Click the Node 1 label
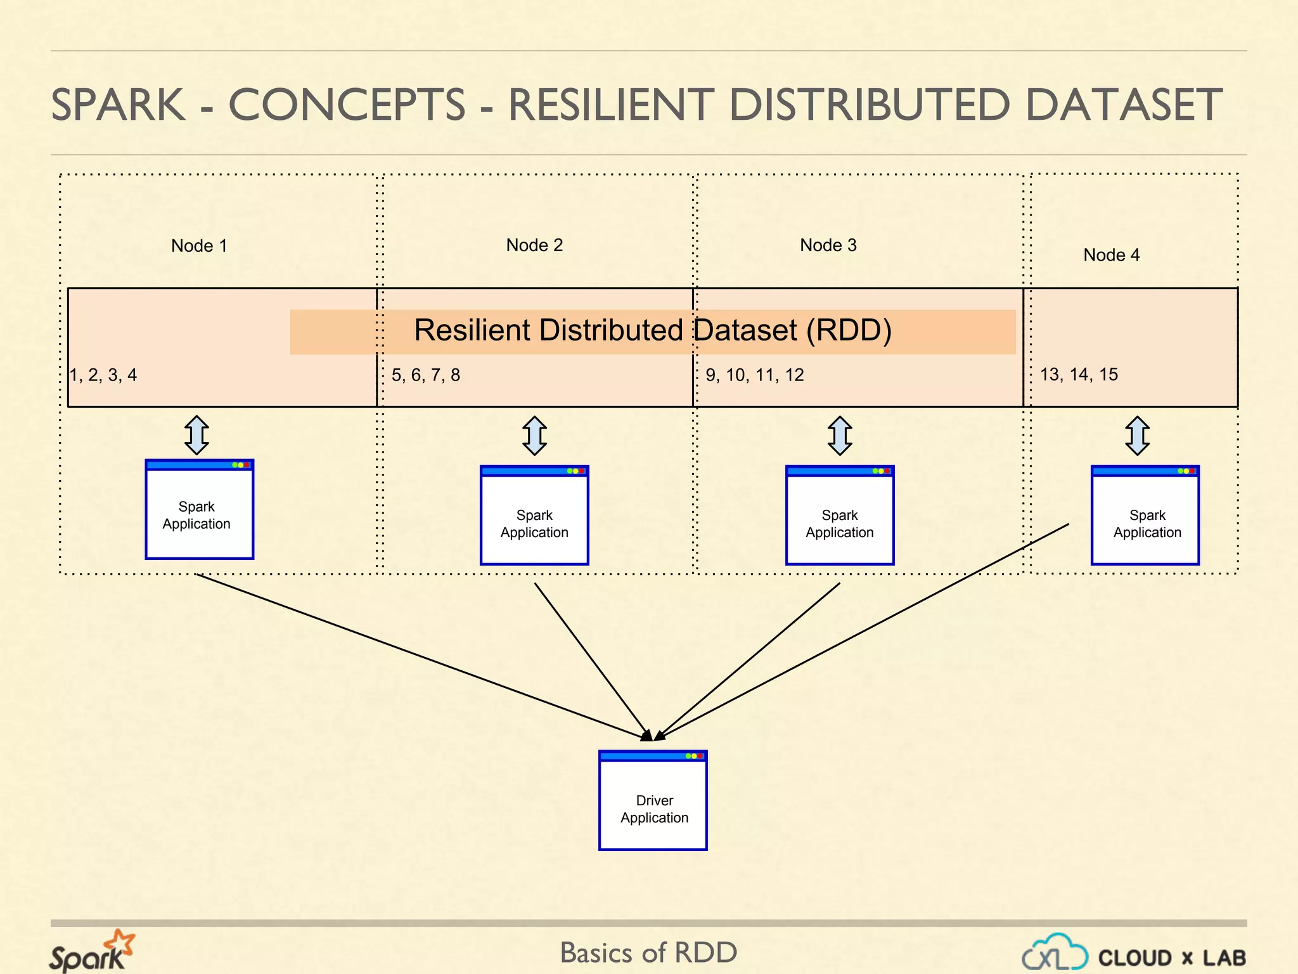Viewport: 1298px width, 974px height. [x=198, y=245]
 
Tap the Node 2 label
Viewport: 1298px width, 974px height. [x=534, y=245]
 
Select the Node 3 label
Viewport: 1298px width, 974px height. [x=828, y=245]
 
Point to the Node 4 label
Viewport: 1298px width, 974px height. [x=1111, y=255]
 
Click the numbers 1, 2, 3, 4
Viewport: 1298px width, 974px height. [x=103, y=375]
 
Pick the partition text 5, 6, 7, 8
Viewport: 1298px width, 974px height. [x=425, y=375]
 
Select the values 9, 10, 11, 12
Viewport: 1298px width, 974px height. [x=754, y=375]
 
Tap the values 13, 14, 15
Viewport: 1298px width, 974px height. [x=1079, y=374]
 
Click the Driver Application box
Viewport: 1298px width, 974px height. [x=653, y=801]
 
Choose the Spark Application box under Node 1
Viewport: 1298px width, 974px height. [x=199, y=510]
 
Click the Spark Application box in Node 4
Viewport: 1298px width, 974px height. [x=1145, y=516]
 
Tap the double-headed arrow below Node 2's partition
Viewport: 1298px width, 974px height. [x=534, y=436]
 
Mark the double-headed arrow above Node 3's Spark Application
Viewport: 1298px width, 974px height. [x=840, y=436]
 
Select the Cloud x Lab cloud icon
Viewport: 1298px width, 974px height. [x=1055, y=952]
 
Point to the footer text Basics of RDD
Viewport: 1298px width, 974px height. [x=648, y=952]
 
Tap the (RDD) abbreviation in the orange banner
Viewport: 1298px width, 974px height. [x=849, y=330]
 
